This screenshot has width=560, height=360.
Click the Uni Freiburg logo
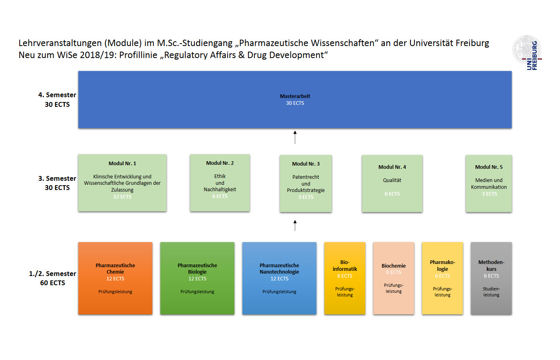(x=527, y=52)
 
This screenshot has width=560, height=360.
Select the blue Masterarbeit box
(x=295, y=100)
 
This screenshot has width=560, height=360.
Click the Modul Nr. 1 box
(x=122, y=183)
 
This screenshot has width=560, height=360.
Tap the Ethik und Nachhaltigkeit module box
(x=220, y=183)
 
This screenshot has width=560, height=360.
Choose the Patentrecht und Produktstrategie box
(x=306, y=184)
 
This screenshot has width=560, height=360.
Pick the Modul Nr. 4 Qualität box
(x=392, y=184)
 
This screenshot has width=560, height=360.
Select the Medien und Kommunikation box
(x=488, y=184)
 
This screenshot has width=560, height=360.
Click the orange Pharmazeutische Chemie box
(x=115, y=278)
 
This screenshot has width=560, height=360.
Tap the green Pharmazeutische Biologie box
(x=197, y=278)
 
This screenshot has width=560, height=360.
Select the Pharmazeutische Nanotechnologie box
(x=279, y=278)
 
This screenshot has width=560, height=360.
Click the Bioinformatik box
(x=345, y=278)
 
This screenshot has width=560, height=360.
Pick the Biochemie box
(x=394, y=278)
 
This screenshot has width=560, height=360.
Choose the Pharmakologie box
(x=442, y=278)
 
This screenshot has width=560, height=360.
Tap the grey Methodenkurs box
(x=491, y=278)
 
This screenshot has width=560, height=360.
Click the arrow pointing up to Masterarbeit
(x=295, y=137)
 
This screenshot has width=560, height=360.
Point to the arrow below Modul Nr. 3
(x=295, y=226)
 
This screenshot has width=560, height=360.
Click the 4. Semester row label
(x=57, y=100)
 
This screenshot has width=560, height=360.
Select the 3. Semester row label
(x=57, y=183)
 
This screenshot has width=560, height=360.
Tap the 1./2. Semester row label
(x=52, y=278)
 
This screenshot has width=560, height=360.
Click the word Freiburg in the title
(x=472, y=43)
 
